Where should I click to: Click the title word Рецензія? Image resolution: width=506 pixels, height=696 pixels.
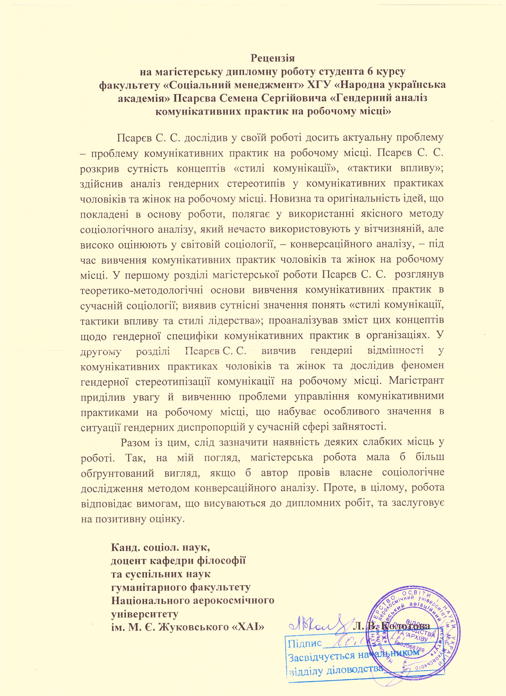[x=273, y=58]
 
